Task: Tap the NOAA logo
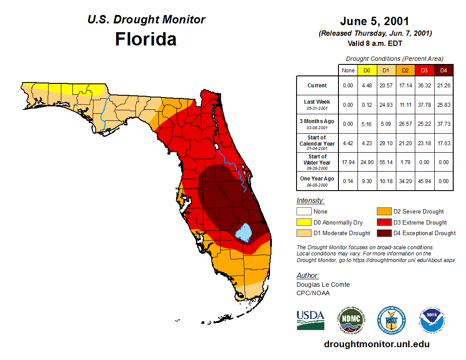(432, 320)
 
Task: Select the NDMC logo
(351, 320)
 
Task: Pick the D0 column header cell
(367, 70)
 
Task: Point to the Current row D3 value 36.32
(424, 86)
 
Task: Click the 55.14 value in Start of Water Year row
(386, 162)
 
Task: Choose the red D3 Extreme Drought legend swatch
(383, 222)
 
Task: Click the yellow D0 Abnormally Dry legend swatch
(304, 222)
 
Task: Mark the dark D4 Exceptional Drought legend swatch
(383, 233)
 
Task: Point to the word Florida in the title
(146, 39)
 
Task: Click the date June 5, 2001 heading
(374, 21)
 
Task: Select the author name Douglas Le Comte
(323, 285)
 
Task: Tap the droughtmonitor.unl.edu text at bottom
(376, 344)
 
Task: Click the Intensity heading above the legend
(310, 200)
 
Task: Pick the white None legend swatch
(304, 212)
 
